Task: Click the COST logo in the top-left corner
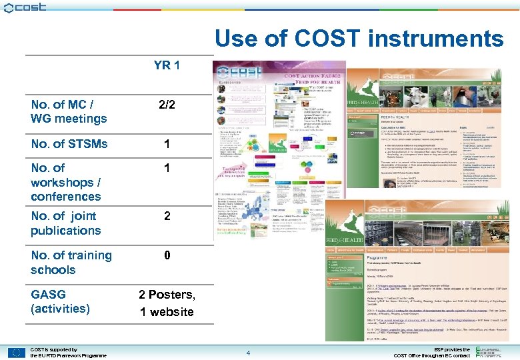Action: point(25,7)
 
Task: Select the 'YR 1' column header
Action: point(167,65)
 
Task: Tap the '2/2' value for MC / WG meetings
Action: point(166,105)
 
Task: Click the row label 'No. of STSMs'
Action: point(69,143)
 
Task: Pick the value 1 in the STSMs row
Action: point(167,143)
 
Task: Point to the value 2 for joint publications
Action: point(167,216)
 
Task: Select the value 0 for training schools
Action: point(167,255)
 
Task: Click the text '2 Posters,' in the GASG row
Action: point(167,295)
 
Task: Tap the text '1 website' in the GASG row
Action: point(167,311)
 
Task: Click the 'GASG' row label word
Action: point(48,294)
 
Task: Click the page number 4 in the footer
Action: point(247,353)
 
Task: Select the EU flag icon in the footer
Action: point(17,352)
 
